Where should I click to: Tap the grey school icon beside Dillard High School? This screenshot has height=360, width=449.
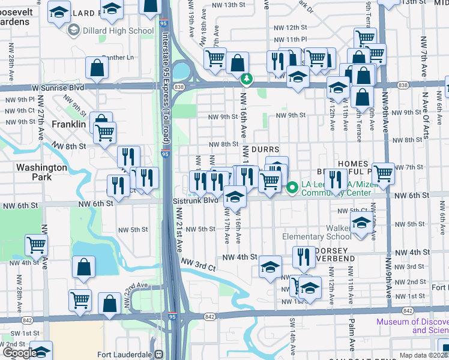(74, 31)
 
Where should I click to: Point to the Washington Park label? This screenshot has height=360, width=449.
(41, 172)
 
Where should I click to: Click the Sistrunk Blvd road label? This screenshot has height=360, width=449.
(195, 200)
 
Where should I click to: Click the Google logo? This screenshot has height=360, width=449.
(19, 353)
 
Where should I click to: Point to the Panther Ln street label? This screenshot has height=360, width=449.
(118, 58)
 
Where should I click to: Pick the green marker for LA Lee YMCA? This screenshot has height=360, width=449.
(292, 188)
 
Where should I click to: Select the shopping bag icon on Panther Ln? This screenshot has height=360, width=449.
(97, 68)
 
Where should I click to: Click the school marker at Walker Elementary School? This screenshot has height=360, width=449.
(361, 223)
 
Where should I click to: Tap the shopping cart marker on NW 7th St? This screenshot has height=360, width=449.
(383, 174)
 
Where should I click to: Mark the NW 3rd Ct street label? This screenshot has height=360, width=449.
(197, 265)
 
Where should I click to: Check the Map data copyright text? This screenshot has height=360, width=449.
(424, 355)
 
